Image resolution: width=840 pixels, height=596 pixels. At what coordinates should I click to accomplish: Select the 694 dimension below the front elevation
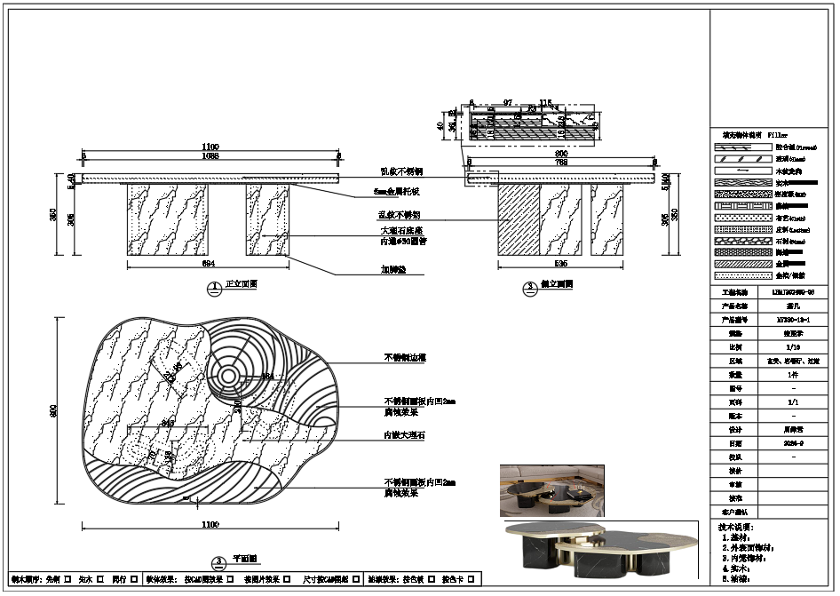click(x=209, y=264)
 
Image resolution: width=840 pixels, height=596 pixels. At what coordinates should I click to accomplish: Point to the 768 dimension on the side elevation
click(x=560, y=163)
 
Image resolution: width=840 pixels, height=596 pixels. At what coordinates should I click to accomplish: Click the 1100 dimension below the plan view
click(x=210, y=525)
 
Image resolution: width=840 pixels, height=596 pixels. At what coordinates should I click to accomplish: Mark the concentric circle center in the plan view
click(x=229, y=376)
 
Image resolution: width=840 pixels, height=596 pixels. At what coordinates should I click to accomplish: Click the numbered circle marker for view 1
click(x=214, y=288)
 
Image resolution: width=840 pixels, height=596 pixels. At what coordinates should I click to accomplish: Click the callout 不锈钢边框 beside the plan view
click(x=405, y=357)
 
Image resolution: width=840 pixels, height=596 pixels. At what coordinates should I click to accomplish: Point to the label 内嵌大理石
click(x=404, y=436)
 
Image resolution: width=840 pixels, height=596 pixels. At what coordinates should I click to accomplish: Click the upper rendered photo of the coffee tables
click(x=551, y=489)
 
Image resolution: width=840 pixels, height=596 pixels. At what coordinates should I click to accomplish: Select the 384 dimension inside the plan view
click(x=267, y=377)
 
